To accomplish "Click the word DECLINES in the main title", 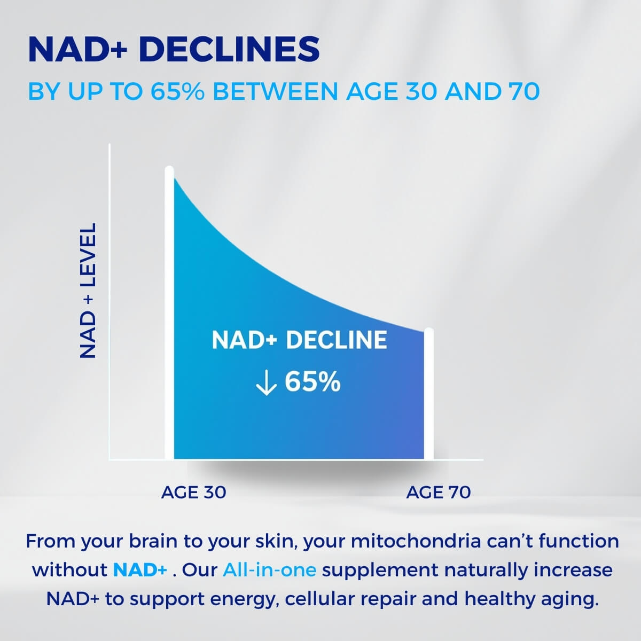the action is point(229,49).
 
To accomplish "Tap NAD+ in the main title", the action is point(78,49).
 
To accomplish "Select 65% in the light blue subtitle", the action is point(177,91).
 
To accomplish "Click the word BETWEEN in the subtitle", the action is point(275,91).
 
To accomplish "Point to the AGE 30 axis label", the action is point(193,493).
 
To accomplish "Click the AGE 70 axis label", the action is point(439,493).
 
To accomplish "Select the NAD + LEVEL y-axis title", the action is point(88,291).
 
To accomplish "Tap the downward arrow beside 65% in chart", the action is point(266,383).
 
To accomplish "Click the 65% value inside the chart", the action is point(312,382).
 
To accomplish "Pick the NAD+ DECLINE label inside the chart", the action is point(299,340).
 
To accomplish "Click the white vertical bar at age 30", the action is point(169,312).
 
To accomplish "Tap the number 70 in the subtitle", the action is point(525,91).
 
